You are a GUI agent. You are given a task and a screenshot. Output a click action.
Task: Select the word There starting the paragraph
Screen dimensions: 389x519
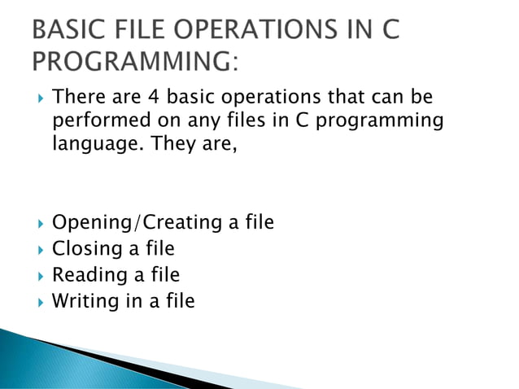(x=79, y=99)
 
